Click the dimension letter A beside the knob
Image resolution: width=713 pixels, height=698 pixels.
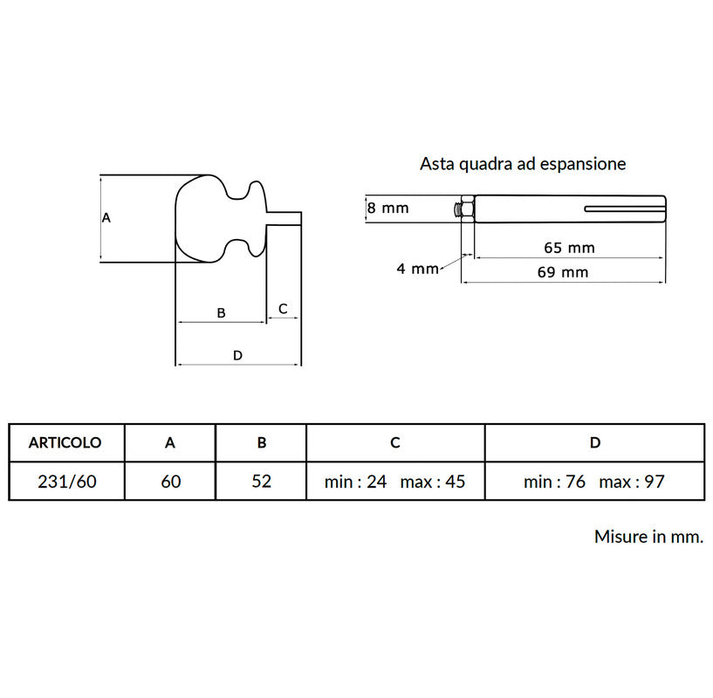click(106, 218)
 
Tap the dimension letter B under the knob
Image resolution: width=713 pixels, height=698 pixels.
click(221, 313)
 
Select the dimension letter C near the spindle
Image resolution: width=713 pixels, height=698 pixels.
click(283, 309)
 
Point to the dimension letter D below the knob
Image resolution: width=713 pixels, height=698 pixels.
click(237, 355)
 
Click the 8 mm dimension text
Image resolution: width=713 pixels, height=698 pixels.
click(387, 209)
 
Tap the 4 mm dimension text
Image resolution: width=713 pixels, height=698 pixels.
click(417, 269)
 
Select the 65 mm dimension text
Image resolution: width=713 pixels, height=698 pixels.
click(569, 248)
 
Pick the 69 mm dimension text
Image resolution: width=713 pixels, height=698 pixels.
click(563, 272)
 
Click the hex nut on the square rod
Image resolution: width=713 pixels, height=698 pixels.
click(467, 209)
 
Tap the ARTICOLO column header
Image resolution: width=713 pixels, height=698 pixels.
click(65, 442)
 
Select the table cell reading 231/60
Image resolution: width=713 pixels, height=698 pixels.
click(67, 482)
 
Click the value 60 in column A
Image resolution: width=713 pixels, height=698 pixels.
click(171, 482)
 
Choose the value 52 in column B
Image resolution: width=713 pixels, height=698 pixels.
click(262, 482)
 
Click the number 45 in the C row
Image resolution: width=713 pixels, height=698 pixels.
click(456, 482)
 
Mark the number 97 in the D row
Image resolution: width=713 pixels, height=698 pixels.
click(655, 482)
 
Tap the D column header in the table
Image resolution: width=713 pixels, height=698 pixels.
click(595, 442)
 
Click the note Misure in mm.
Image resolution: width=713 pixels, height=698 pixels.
click(649, 537)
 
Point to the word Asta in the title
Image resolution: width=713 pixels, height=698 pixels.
click(437, 164)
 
